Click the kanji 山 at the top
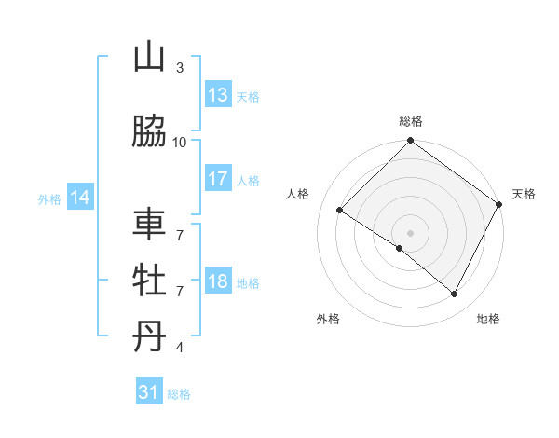[149, 59]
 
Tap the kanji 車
[149, 226]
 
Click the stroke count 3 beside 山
[180, 68]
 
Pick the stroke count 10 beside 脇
[180, 142]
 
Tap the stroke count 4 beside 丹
[180, 348]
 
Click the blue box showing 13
[218, 94]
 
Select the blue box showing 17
[218, 179]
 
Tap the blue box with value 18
[218, 282]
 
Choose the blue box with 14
[80, 198]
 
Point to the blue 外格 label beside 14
[49, 198]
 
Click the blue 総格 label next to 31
[179, 394]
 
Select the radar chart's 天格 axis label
[524, 194]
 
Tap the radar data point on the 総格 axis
[410, 142]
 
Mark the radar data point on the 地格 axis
[455, 294]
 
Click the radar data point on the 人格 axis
[340, 211]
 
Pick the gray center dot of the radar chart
[410, 232]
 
